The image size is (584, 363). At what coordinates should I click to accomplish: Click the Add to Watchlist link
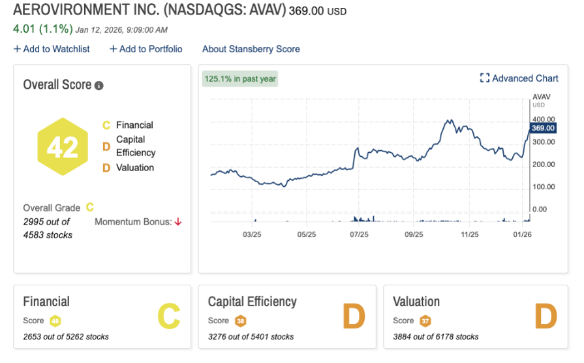[x=52, y=49]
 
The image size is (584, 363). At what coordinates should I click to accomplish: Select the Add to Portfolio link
[x=146, y=49]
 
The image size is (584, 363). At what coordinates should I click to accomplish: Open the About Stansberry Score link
[x=251, y=49]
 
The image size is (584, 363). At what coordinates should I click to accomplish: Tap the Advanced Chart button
[x=519, y=78]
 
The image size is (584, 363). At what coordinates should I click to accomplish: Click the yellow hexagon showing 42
[x=63, y=147]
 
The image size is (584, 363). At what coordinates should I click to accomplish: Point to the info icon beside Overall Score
[x=99, y=86]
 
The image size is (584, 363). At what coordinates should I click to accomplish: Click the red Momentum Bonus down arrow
[x=177, y=222]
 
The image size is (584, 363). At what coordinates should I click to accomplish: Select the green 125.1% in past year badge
[x=240, y=79]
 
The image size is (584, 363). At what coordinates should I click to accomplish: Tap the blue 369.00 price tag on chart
[x=542, y=128]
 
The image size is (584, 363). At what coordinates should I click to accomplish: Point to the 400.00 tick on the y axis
[x=544, y=119]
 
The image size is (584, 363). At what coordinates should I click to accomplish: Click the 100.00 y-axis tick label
[x=544, y=187]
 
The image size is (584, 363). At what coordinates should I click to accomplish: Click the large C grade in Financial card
[x=168, y=317]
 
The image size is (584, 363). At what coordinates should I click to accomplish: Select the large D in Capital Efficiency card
[x=353, y=317]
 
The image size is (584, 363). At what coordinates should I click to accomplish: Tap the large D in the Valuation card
[x=545, y=317]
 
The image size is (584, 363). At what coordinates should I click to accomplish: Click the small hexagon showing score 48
[x=55, y=321]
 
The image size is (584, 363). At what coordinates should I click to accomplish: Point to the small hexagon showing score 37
[x=425, y=321]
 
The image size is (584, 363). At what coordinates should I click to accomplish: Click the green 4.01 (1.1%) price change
[x=41, y=29]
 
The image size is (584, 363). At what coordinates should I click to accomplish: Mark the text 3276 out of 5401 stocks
[x=251, y=337]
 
